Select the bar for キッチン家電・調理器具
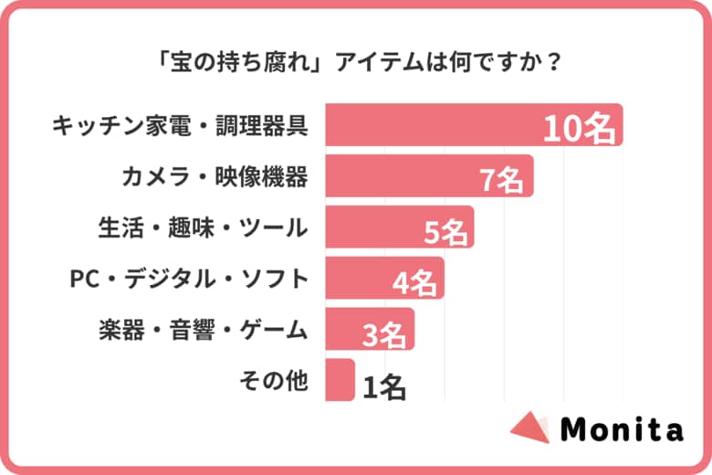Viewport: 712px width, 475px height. tap(429, 125)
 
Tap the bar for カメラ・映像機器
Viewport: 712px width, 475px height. tap(402, 176)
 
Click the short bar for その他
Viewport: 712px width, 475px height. tap(339, 380)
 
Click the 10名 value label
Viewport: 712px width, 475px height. tap(580, 129)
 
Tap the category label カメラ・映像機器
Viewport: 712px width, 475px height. tap(215, 176)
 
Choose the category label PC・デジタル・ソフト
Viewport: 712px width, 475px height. tap(190, 279)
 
